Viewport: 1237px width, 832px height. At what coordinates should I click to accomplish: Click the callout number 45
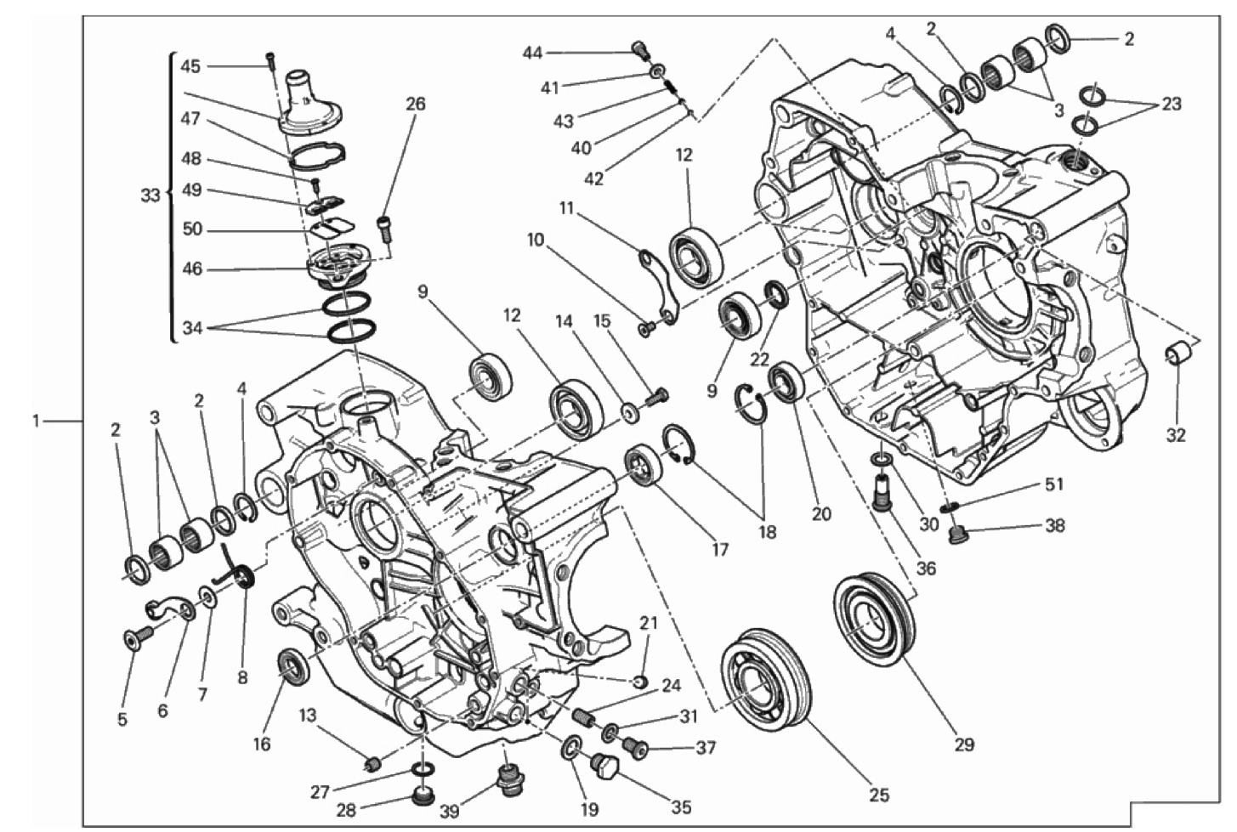tap(190, 66)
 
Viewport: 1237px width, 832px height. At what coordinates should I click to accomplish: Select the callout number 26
tap(416, 104)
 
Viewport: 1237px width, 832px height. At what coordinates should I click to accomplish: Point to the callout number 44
tap(533, 53)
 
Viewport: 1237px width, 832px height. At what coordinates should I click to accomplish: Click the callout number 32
tap(1176, 435)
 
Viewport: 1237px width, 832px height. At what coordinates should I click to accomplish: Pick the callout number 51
tap(1053, 484)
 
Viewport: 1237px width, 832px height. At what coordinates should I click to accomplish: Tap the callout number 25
tap(879, 795)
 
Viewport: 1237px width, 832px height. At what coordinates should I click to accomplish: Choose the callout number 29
tap(964, 744)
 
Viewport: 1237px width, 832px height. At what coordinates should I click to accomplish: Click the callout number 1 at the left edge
tap(37, 422)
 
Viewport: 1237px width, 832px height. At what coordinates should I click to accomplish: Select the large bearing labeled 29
tap(874, 614)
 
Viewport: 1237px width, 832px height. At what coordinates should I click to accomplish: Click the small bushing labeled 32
tap(1177, 354)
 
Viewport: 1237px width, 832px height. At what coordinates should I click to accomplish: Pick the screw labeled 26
tap(385, 228)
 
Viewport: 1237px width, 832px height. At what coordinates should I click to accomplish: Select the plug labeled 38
tap(957, 535)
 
